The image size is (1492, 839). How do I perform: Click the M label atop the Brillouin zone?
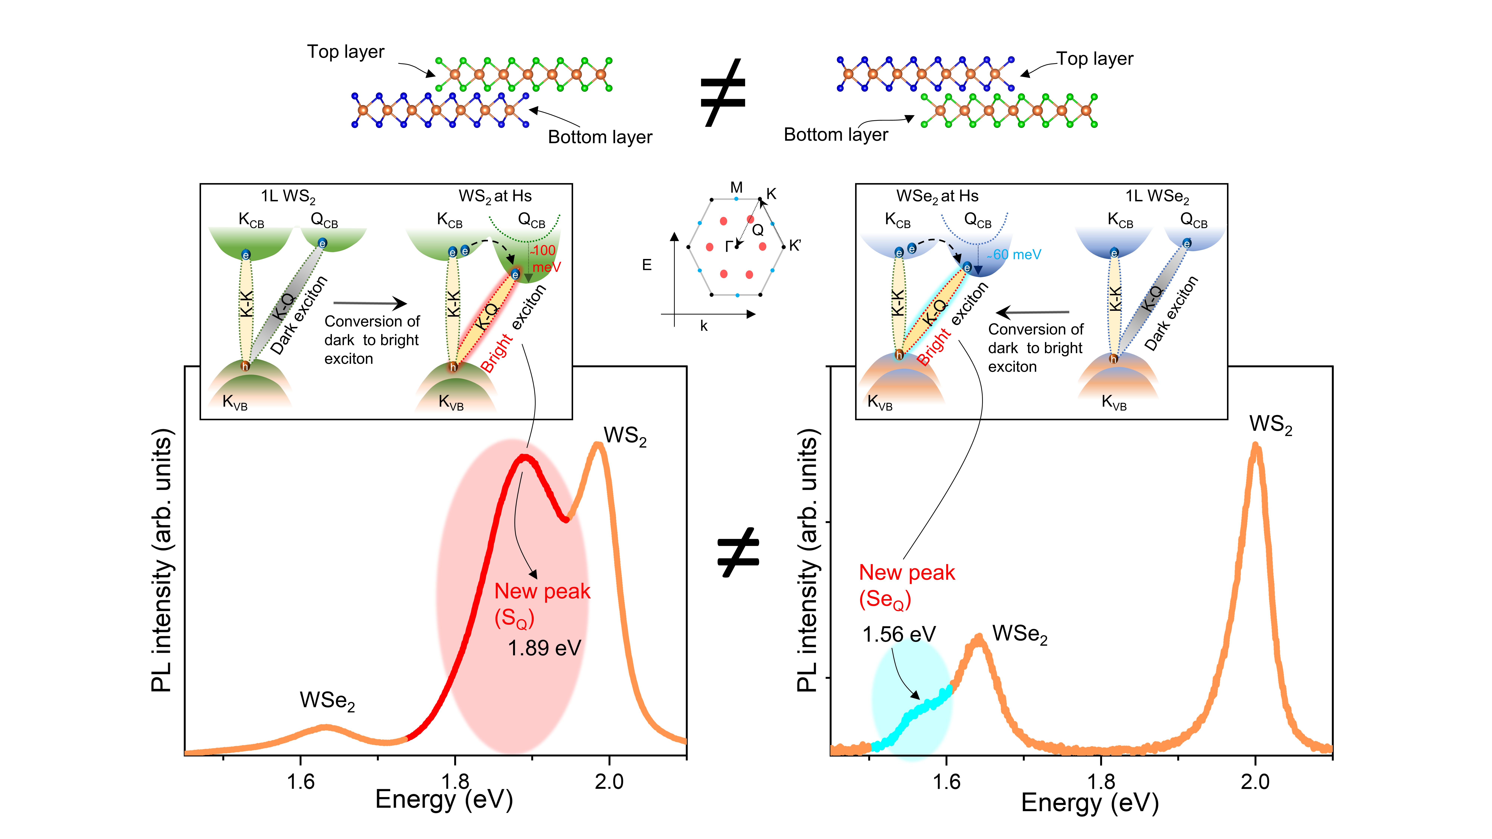(x=736, y=188)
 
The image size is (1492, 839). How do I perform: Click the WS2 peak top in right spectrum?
(x=1255, y=446)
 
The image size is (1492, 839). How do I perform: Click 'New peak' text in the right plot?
(x=906, y=573)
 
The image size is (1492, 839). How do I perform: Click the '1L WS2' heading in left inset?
(x=288, y=196)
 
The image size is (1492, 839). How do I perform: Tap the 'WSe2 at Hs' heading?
(x=937, y=196)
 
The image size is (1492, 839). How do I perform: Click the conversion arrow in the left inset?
(x=371, y=303)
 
